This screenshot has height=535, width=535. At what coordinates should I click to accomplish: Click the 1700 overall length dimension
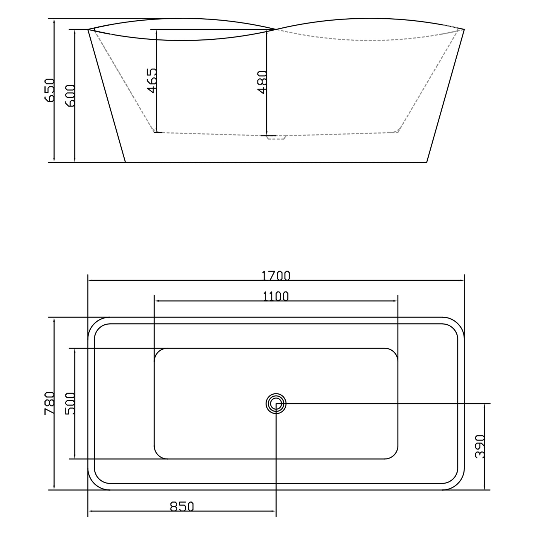276,276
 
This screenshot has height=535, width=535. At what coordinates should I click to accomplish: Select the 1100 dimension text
276,296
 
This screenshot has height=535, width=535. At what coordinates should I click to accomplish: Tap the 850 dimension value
182,506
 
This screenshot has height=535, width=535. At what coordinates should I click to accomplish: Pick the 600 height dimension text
70,96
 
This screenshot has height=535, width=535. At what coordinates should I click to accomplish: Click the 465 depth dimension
152,81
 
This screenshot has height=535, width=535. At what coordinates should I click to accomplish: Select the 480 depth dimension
262,82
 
